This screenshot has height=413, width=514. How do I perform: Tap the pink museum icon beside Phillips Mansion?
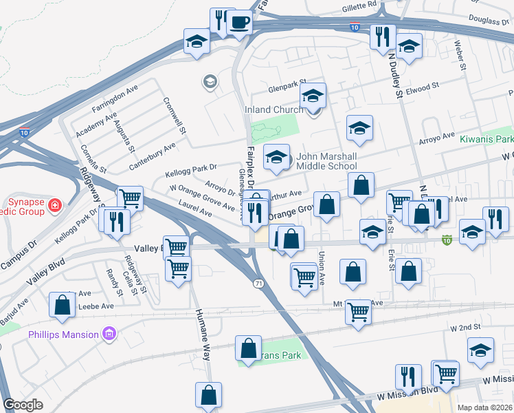pyautogui.click(x=107, y=335)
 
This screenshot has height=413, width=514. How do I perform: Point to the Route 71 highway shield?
pyautogui.click(x=256, y=284)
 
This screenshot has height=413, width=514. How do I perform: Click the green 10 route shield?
pyautogui.click(x=447, y=240)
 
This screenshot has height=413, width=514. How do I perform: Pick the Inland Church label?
pyautogui.click(x=273, y=109)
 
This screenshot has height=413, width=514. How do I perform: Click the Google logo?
pyautogui.click(x=23, y=404)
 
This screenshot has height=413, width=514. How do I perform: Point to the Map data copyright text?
pyautogui.click(x=484, y=407)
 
